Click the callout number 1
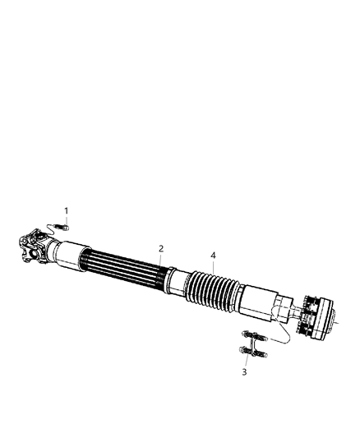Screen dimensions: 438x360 pos(67,211)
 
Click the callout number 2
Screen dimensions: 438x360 pos(161,248)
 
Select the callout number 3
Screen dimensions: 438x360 pos(243,372)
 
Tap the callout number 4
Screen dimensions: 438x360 pos(213,256)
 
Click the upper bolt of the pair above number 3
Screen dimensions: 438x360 pos(253,334)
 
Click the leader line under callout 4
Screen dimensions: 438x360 pos(213,266)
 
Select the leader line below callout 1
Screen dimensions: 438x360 pos(67,219)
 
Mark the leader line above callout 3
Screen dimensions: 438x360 pos(244,362)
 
